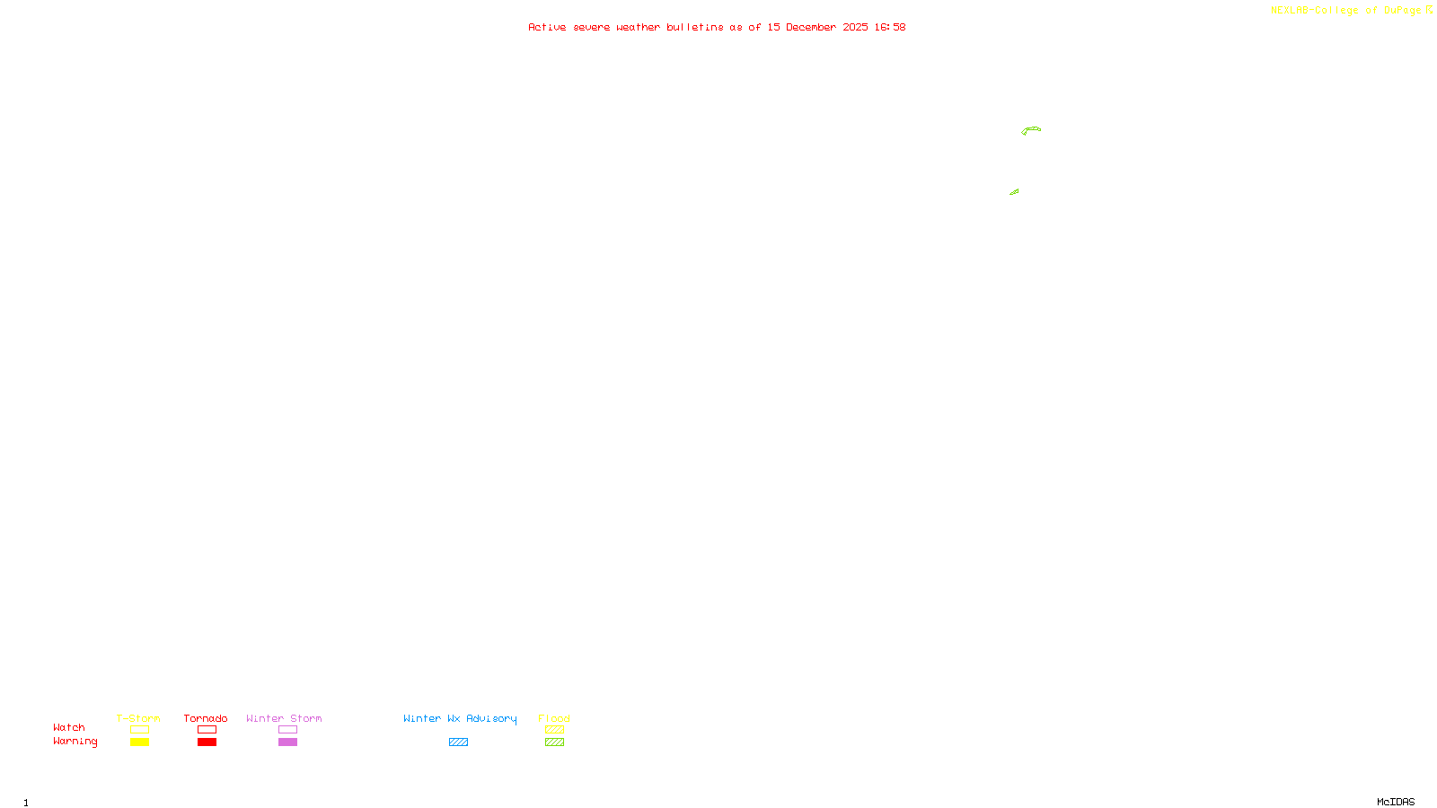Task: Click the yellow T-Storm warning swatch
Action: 139,742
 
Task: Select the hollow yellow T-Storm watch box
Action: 139,730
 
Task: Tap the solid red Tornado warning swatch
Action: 207,742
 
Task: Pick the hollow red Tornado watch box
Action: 207,730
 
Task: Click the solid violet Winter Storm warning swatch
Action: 287,742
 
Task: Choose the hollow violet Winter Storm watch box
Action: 287,730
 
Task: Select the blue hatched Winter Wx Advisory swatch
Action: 458,742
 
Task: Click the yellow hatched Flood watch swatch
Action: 554,730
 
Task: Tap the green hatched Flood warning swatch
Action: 554,742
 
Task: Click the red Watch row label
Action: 69,728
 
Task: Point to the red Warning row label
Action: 75,742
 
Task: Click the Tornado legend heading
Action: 206,718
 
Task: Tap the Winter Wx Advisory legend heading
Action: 460,718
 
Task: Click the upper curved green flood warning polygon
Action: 1031,130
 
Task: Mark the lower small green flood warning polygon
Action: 1014,192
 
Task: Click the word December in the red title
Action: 811,27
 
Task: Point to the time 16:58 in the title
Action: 890,27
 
